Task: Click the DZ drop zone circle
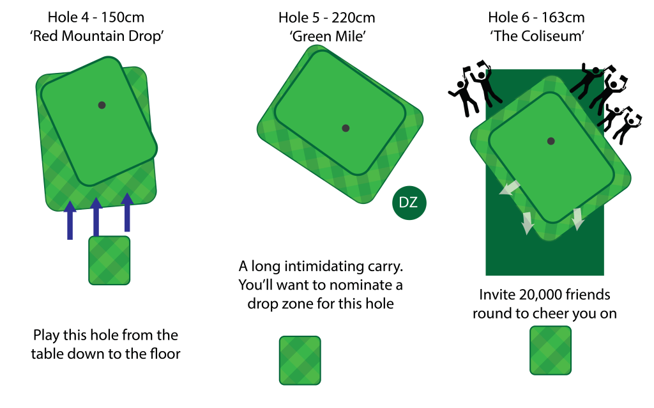pyautogui.click(x=409, y=203)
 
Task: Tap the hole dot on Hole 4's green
pyautogui.click(x=102, y=106)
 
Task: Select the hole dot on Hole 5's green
pyautogui.click(x=346, y=128)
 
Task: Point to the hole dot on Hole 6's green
pyautogui.click(x=551, y=141)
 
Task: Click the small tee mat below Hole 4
pyautogui.click(x=109, y=260)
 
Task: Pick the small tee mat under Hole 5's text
pyautogui.click(x=300, y=361)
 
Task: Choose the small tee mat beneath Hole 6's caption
pyautogui.click(x=551, y=350)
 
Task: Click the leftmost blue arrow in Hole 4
pyautogui.click(x=70, y=220)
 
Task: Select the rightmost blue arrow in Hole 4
pyautogui.click(x=127, y=212)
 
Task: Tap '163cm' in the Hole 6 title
pyautogui.click(x=563, y=17)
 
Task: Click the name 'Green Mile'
pyautogui.click(x=328, y=36)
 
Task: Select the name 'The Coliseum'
pyautogui.click(x=537, y=36)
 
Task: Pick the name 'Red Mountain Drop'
pyautogui.click(x=97, y=36)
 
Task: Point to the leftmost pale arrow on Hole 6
pyautogui.click(x=510, y=188)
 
